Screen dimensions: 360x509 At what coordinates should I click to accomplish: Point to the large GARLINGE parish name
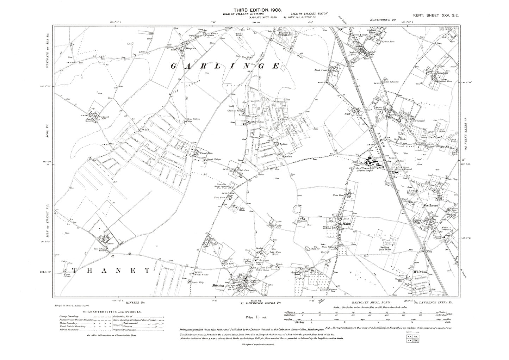pos(225,66)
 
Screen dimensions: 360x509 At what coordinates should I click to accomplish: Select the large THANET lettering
pos(112,271)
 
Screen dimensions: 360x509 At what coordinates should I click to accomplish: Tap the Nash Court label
pos(321,70)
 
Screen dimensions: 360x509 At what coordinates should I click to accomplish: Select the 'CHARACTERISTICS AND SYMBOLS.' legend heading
pos(112,312)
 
